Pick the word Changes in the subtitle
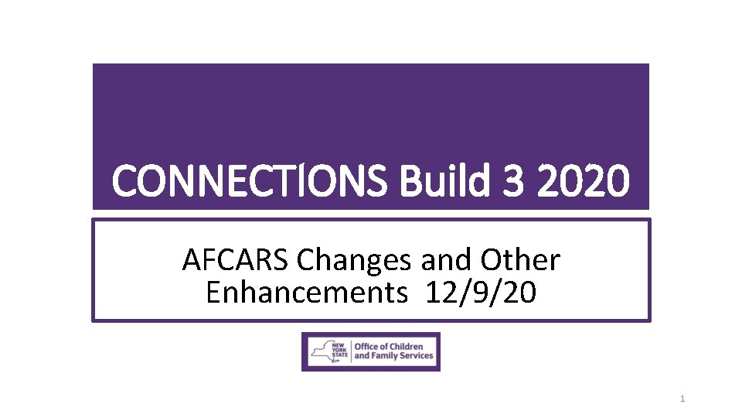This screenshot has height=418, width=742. coord(353,262)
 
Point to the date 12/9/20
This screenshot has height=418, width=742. coord(480,293)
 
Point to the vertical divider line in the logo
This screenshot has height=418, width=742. coord(352,351)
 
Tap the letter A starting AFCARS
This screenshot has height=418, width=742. coord(191,261)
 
